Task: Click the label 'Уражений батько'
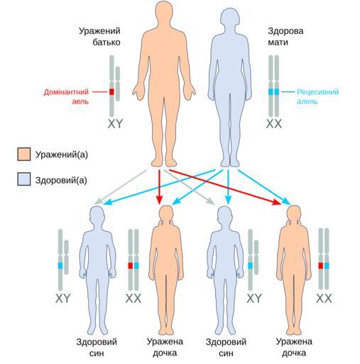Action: click(99, 36)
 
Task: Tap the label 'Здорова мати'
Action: click(285, 36)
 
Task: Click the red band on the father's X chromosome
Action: click(111, 92)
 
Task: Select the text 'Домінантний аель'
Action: click(66, 97)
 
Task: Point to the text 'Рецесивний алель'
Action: click(317, 97)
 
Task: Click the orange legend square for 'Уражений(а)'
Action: click(24, 154)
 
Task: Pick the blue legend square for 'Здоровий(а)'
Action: click(24, 179)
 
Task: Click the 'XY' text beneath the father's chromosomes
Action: click(116, 124)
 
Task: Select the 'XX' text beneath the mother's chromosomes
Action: click(274, 124)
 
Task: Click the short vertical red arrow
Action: click(159, 187)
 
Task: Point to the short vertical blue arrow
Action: click(228, 187)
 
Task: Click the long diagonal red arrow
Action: click(225, 187)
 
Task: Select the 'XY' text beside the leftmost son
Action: click(63, 298)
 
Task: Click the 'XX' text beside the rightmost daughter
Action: click(324, 298)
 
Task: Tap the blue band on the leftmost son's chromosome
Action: click(60, 266)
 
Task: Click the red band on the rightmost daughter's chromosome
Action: click(321, 266)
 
